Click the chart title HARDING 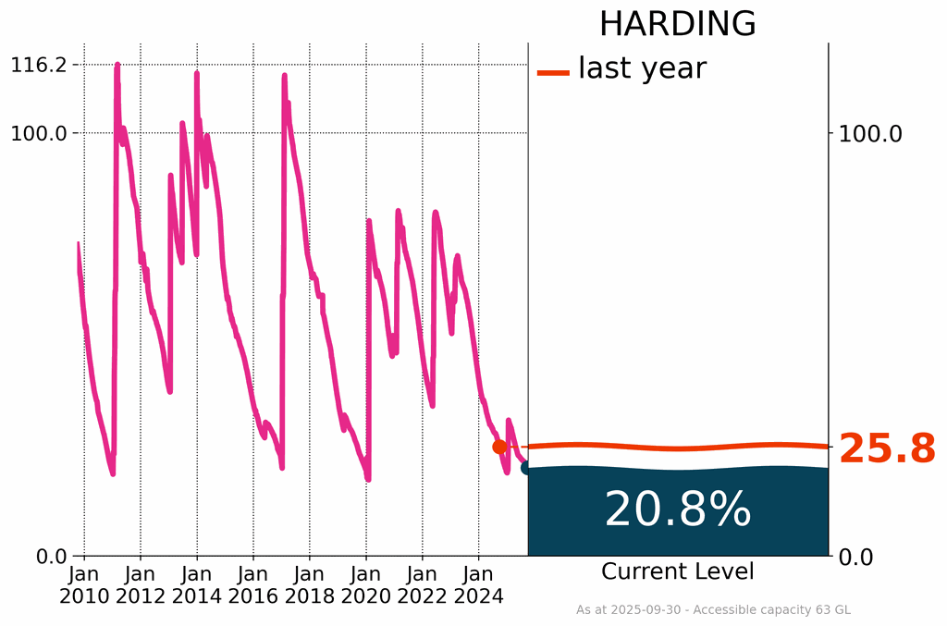pos(677,24)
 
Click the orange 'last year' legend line pos(553,71)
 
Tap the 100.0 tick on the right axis pos(869,133)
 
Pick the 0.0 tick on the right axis pos(857,557)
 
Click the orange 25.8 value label pos(887,449)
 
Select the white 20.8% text pos(677,509)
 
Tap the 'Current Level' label pos(677,571)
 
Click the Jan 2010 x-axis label pos(84,584)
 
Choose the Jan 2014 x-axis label pos(197,584)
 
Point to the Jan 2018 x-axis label pos(310,584)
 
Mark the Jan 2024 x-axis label pos(479,584)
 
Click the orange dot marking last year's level pos(499,447)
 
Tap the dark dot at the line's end pos(527,468)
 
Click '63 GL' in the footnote pos(832,610)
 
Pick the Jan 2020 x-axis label pos(366,584)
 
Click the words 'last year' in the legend pos(642,68)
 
